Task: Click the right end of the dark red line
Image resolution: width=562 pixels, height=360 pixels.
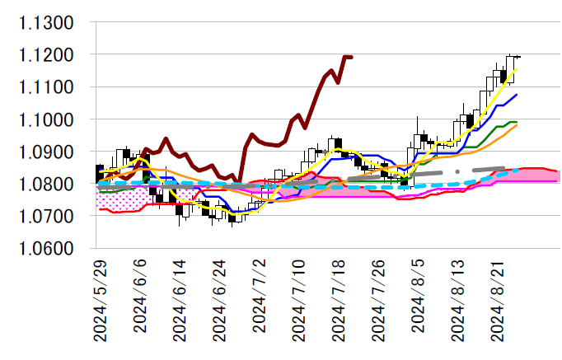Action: pos(352,57)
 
